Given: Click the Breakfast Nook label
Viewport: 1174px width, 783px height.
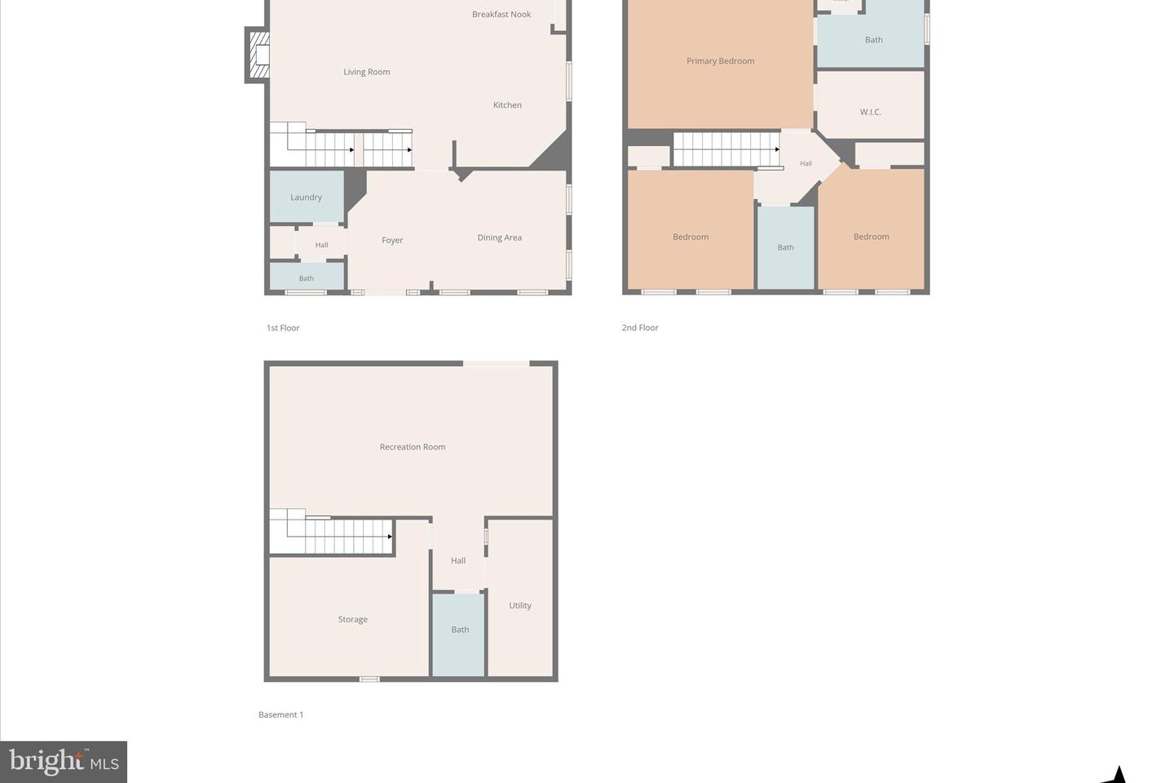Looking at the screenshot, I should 501,14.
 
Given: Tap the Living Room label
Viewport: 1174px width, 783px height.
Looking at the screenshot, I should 366,72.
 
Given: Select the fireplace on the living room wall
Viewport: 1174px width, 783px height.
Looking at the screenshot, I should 258,55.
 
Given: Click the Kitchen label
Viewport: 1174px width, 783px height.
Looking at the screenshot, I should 507,105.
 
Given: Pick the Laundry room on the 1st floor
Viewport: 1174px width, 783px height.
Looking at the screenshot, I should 306,197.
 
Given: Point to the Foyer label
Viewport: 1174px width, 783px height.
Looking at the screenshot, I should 392,240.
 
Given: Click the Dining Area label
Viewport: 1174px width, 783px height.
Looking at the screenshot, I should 499,237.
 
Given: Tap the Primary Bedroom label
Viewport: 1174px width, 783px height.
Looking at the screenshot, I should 720,61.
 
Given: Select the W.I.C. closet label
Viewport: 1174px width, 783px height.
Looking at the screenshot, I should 870,112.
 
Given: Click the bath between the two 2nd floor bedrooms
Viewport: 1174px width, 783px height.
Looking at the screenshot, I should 785,247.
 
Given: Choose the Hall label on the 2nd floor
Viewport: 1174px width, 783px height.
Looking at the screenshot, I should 805,163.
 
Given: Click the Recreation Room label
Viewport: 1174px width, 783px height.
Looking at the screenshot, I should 412,447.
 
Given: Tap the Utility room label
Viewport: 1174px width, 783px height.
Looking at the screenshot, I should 519,605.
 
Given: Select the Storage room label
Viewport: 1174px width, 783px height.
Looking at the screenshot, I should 352,619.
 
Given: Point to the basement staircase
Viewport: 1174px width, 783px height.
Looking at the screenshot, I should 339,537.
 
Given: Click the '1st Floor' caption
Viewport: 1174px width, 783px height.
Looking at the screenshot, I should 283,328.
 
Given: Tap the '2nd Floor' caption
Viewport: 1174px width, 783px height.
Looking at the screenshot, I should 640,328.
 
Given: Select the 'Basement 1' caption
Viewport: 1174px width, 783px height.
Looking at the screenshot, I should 280,714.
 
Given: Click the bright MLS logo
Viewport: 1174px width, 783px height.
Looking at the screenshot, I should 64,762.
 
